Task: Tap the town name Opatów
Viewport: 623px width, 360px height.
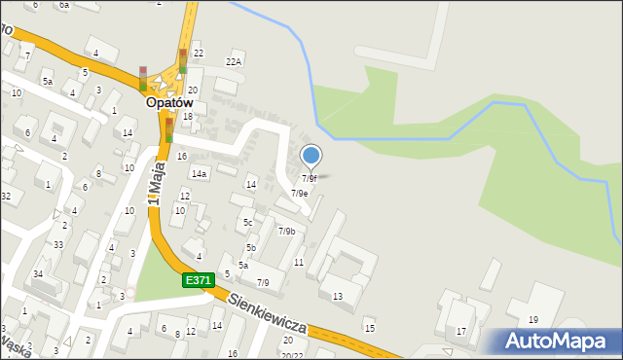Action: [169, 101]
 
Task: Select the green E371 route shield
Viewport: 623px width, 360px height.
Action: [198, 280]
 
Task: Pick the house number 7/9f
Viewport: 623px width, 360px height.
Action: [309, 178]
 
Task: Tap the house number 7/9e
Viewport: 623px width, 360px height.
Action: [299, 193]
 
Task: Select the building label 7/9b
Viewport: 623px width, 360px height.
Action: [286, 231]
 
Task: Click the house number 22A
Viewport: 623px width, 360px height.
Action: [234, 61]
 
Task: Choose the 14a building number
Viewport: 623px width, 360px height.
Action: [199, 173]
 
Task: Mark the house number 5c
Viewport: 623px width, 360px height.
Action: [248, 223]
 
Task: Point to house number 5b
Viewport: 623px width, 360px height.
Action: [250, 248]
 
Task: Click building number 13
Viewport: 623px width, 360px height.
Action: [338, 296]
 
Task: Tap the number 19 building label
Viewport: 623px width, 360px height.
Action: [533, 319]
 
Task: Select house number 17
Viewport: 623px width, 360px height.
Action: [461, 331]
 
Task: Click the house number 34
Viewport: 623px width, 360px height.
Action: [38, 273]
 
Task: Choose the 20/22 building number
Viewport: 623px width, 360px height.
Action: [292, 355]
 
